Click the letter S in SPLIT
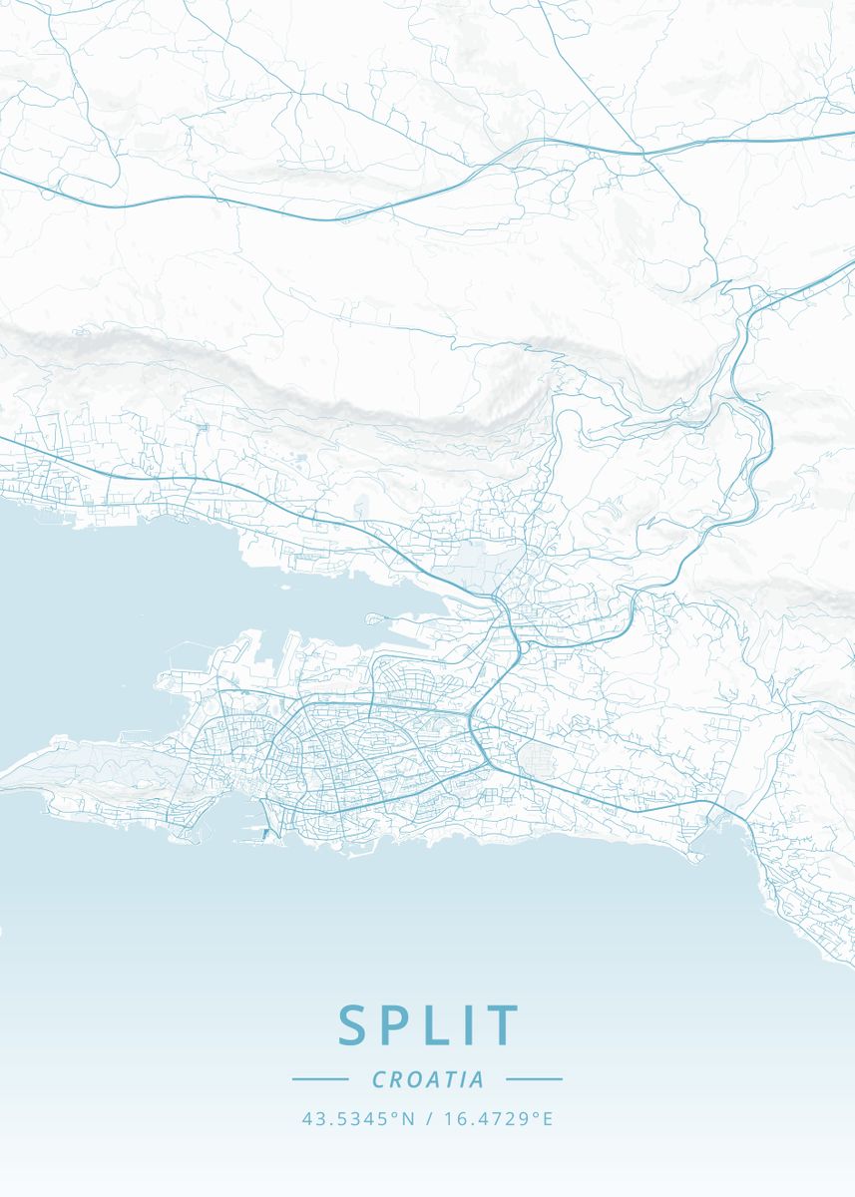tap(354, 1025)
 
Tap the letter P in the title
tap(401, 1025)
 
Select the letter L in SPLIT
tap(443, 1025)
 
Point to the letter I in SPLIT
tap(472, 1025)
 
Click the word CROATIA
tap(428, 1079)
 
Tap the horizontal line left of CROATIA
tap(320, 1079)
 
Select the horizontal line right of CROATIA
tap(535, 1079)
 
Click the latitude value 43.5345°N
tap(357, 1119)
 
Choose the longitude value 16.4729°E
tap(496, 1119)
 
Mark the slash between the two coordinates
tap(427, 1119)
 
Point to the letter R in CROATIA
tap(396, 1079)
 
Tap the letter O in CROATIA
tap(414, 1079)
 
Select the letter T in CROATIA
tap(450, 1079)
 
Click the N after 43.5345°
tap(408, 1119)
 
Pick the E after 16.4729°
tap(547, 1119)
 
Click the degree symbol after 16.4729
tap(536, 1115)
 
